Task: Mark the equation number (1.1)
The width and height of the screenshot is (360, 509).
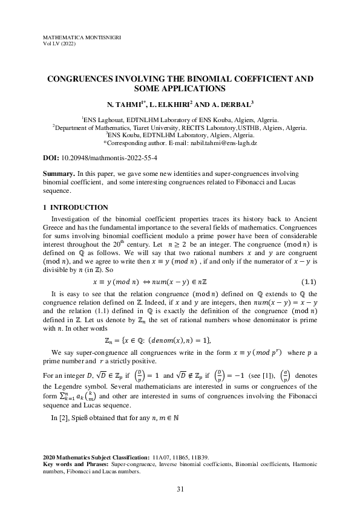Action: tap(309, 282)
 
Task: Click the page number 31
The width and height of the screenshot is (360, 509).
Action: tap(180, 489)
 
